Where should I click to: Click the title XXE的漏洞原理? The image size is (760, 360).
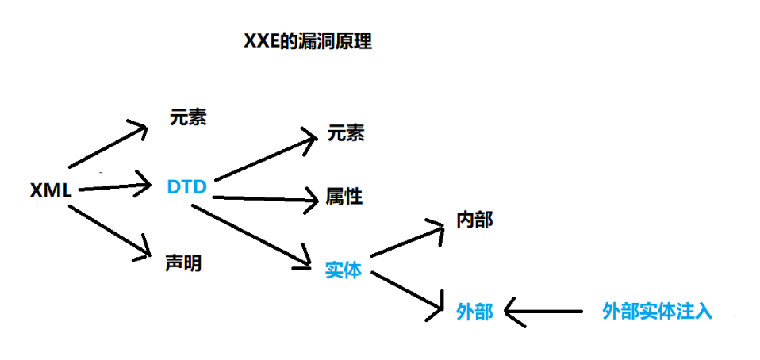[x=307, y=42]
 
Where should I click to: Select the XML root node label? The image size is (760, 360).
[x=51, y=190]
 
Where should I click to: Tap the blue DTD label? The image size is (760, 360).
[x=187, y=187]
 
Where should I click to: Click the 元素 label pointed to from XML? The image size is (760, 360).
[x=188, y=117]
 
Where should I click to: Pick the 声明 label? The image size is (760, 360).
[x=182, y=262]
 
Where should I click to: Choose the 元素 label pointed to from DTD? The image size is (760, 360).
[x=346, y=132]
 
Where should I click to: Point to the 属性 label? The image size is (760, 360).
[x=344, y=196]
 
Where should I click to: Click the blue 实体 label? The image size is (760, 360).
[x=344, y=270]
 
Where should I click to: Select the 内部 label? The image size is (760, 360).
[x=474, y=219]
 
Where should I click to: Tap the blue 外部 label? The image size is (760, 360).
[x=474, y=312]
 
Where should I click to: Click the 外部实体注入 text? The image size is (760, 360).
[x=658, y=311]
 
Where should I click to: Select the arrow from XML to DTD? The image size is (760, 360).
[x=115, y=188]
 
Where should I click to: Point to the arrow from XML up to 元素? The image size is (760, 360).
[x=108, y=146]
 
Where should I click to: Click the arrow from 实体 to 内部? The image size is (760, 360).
[x=406, y=242]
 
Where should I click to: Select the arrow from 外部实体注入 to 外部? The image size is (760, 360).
[x=547, y=312]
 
